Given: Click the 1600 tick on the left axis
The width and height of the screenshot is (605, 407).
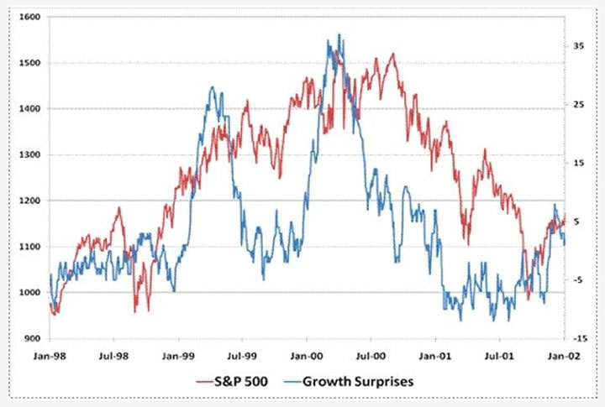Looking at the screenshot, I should point(28,17).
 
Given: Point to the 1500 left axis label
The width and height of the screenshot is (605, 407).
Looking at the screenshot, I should point(28,63).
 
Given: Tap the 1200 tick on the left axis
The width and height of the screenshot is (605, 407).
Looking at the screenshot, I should point(28,201).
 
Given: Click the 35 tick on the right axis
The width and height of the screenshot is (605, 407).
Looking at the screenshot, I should point(578,46).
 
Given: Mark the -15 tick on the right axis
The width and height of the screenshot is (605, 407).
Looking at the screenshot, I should point(579,338).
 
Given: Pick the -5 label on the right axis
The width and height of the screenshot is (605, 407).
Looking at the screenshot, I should point(578,279).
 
